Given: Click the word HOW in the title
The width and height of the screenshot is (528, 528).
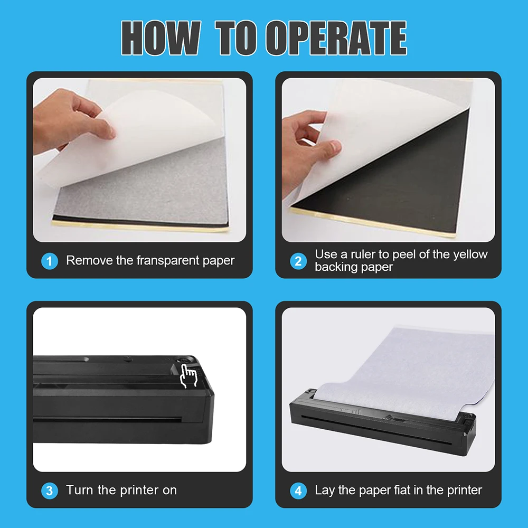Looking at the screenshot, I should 159,38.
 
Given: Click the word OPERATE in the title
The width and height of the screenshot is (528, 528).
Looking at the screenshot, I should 336,38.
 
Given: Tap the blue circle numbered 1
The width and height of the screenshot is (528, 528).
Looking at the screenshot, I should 50,261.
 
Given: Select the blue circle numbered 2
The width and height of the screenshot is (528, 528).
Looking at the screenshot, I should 298,261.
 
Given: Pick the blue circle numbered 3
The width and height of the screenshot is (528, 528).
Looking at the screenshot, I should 50,491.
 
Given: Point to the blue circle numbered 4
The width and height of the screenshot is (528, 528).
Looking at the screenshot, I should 298,491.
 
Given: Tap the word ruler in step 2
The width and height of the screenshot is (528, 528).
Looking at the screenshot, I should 367,254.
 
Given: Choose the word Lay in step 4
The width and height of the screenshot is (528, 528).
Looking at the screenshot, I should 325,490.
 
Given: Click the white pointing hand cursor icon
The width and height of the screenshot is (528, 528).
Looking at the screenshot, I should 188,376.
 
